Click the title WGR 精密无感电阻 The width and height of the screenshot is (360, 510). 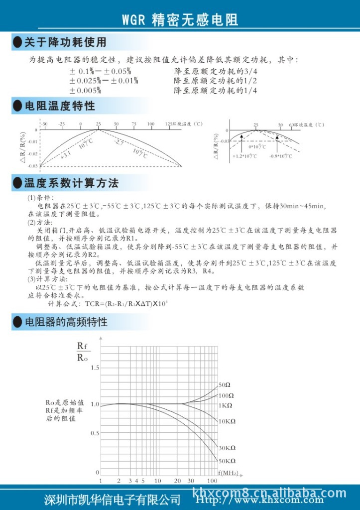(x=180, y=19)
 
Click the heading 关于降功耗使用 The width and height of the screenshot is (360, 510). (x=65, y=42)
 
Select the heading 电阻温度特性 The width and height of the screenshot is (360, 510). (x=59, y=106)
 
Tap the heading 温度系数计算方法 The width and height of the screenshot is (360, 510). (x=71, y=183)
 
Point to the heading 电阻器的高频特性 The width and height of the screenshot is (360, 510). (x=66, y=322)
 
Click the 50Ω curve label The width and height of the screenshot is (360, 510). (x=225, y=385)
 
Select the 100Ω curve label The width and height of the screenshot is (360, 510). (x=226, y=395)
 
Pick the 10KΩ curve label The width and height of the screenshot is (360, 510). (x=227, y=421)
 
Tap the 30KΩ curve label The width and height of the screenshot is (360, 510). (x=227, y=448)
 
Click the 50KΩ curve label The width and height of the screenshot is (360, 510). (x=227, y=461)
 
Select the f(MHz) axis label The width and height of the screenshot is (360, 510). (x=228, y=472)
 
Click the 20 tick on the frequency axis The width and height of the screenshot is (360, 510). (x=178, y=481)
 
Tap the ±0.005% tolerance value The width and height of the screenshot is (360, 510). (x=85, y=90)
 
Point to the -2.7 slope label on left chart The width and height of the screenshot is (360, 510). (x=119, y=143)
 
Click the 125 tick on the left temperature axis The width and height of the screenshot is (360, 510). (x=168, y=124)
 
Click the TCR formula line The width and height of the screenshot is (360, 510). (x=112, y=303)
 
